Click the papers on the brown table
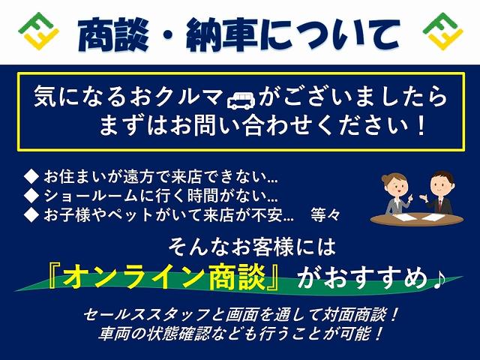pos(415,217)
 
